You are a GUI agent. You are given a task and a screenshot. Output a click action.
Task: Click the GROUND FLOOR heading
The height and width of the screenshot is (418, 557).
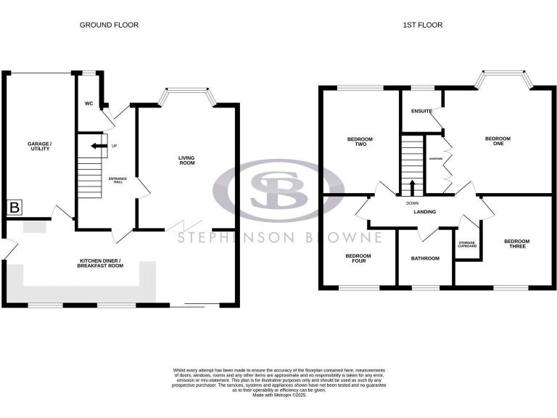(109, 25)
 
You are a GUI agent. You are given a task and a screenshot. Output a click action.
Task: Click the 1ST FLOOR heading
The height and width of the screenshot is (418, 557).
(423, 25)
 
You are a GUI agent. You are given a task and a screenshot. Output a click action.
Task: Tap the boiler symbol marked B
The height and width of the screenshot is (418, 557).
(14, 208)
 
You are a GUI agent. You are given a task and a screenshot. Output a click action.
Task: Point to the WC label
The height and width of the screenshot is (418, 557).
(88, 104)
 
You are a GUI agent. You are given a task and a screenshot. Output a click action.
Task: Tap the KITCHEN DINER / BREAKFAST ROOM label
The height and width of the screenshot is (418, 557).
(111, 263)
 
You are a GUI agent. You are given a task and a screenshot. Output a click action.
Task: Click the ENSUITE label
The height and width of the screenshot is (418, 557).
(421, 111)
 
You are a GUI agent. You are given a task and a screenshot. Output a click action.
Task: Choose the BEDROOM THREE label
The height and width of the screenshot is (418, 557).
(516, 245)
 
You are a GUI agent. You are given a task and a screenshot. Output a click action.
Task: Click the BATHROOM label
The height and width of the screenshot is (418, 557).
(425, 258)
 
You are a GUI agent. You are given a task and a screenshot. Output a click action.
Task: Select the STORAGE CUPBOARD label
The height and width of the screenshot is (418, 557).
(467, 245)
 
